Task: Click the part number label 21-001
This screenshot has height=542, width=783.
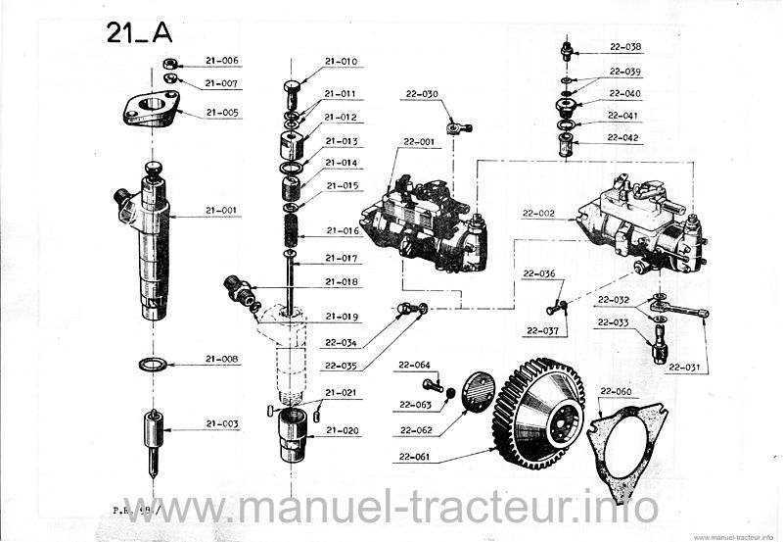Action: (222, 210)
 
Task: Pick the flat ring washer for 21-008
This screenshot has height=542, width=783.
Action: (152, 365)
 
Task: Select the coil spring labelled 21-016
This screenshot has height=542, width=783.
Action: (291, 231)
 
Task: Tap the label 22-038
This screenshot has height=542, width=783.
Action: (625, 46)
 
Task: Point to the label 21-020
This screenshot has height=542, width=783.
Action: (342, 429)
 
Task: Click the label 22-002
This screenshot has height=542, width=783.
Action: (537, 213)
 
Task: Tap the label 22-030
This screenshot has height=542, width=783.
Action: (420, 94)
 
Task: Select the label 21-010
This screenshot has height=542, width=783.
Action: (342, 61)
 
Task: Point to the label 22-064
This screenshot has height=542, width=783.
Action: (415, 365)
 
